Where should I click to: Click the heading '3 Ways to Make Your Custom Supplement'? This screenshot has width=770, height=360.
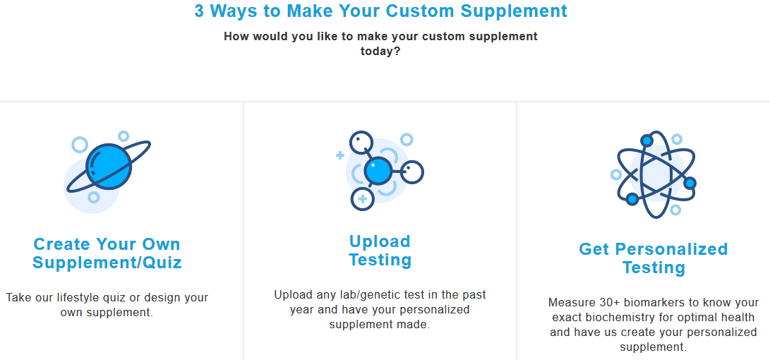[x=380, y=11]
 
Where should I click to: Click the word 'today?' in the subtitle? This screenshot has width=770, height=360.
[x=380, y=51]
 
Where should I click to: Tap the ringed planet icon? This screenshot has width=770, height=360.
[x=108, y=167]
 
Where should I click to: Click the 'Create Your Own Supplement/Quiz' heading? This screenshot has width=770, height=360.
[x=107, y=253]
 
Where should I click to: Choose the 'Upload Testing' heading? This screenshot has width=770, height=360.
[x=380, y=251]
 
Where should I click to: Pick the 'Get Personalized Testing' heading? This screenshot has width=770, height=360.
[x=653, y=258]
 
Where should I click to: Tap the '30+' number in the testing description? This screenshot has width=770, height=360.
[x=611, y=302]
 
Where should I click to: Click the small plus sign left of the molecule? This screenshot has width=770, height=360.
[x=340, y=155]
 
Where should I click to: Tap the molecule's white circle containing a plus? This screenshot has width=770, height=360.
[x=362, y=199]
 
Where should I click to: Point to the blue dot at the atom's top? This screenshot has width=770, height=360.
[x=646, y=140]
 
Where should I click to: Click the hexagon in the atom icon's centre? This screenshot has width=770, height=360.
[x=653, y=173]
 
